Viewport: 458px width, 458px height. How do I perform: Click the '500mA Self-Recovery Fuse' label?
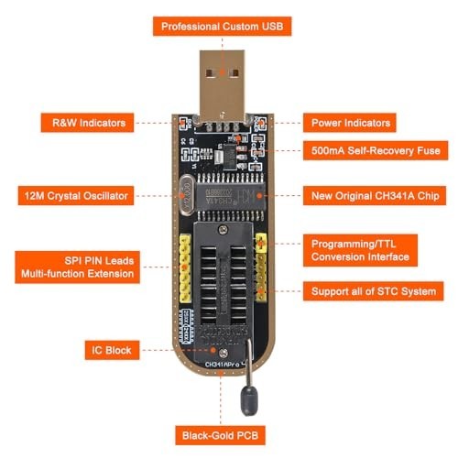coord(376,149)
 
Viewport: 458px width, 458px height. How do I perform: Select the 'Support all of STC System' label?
coord(372,291)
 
